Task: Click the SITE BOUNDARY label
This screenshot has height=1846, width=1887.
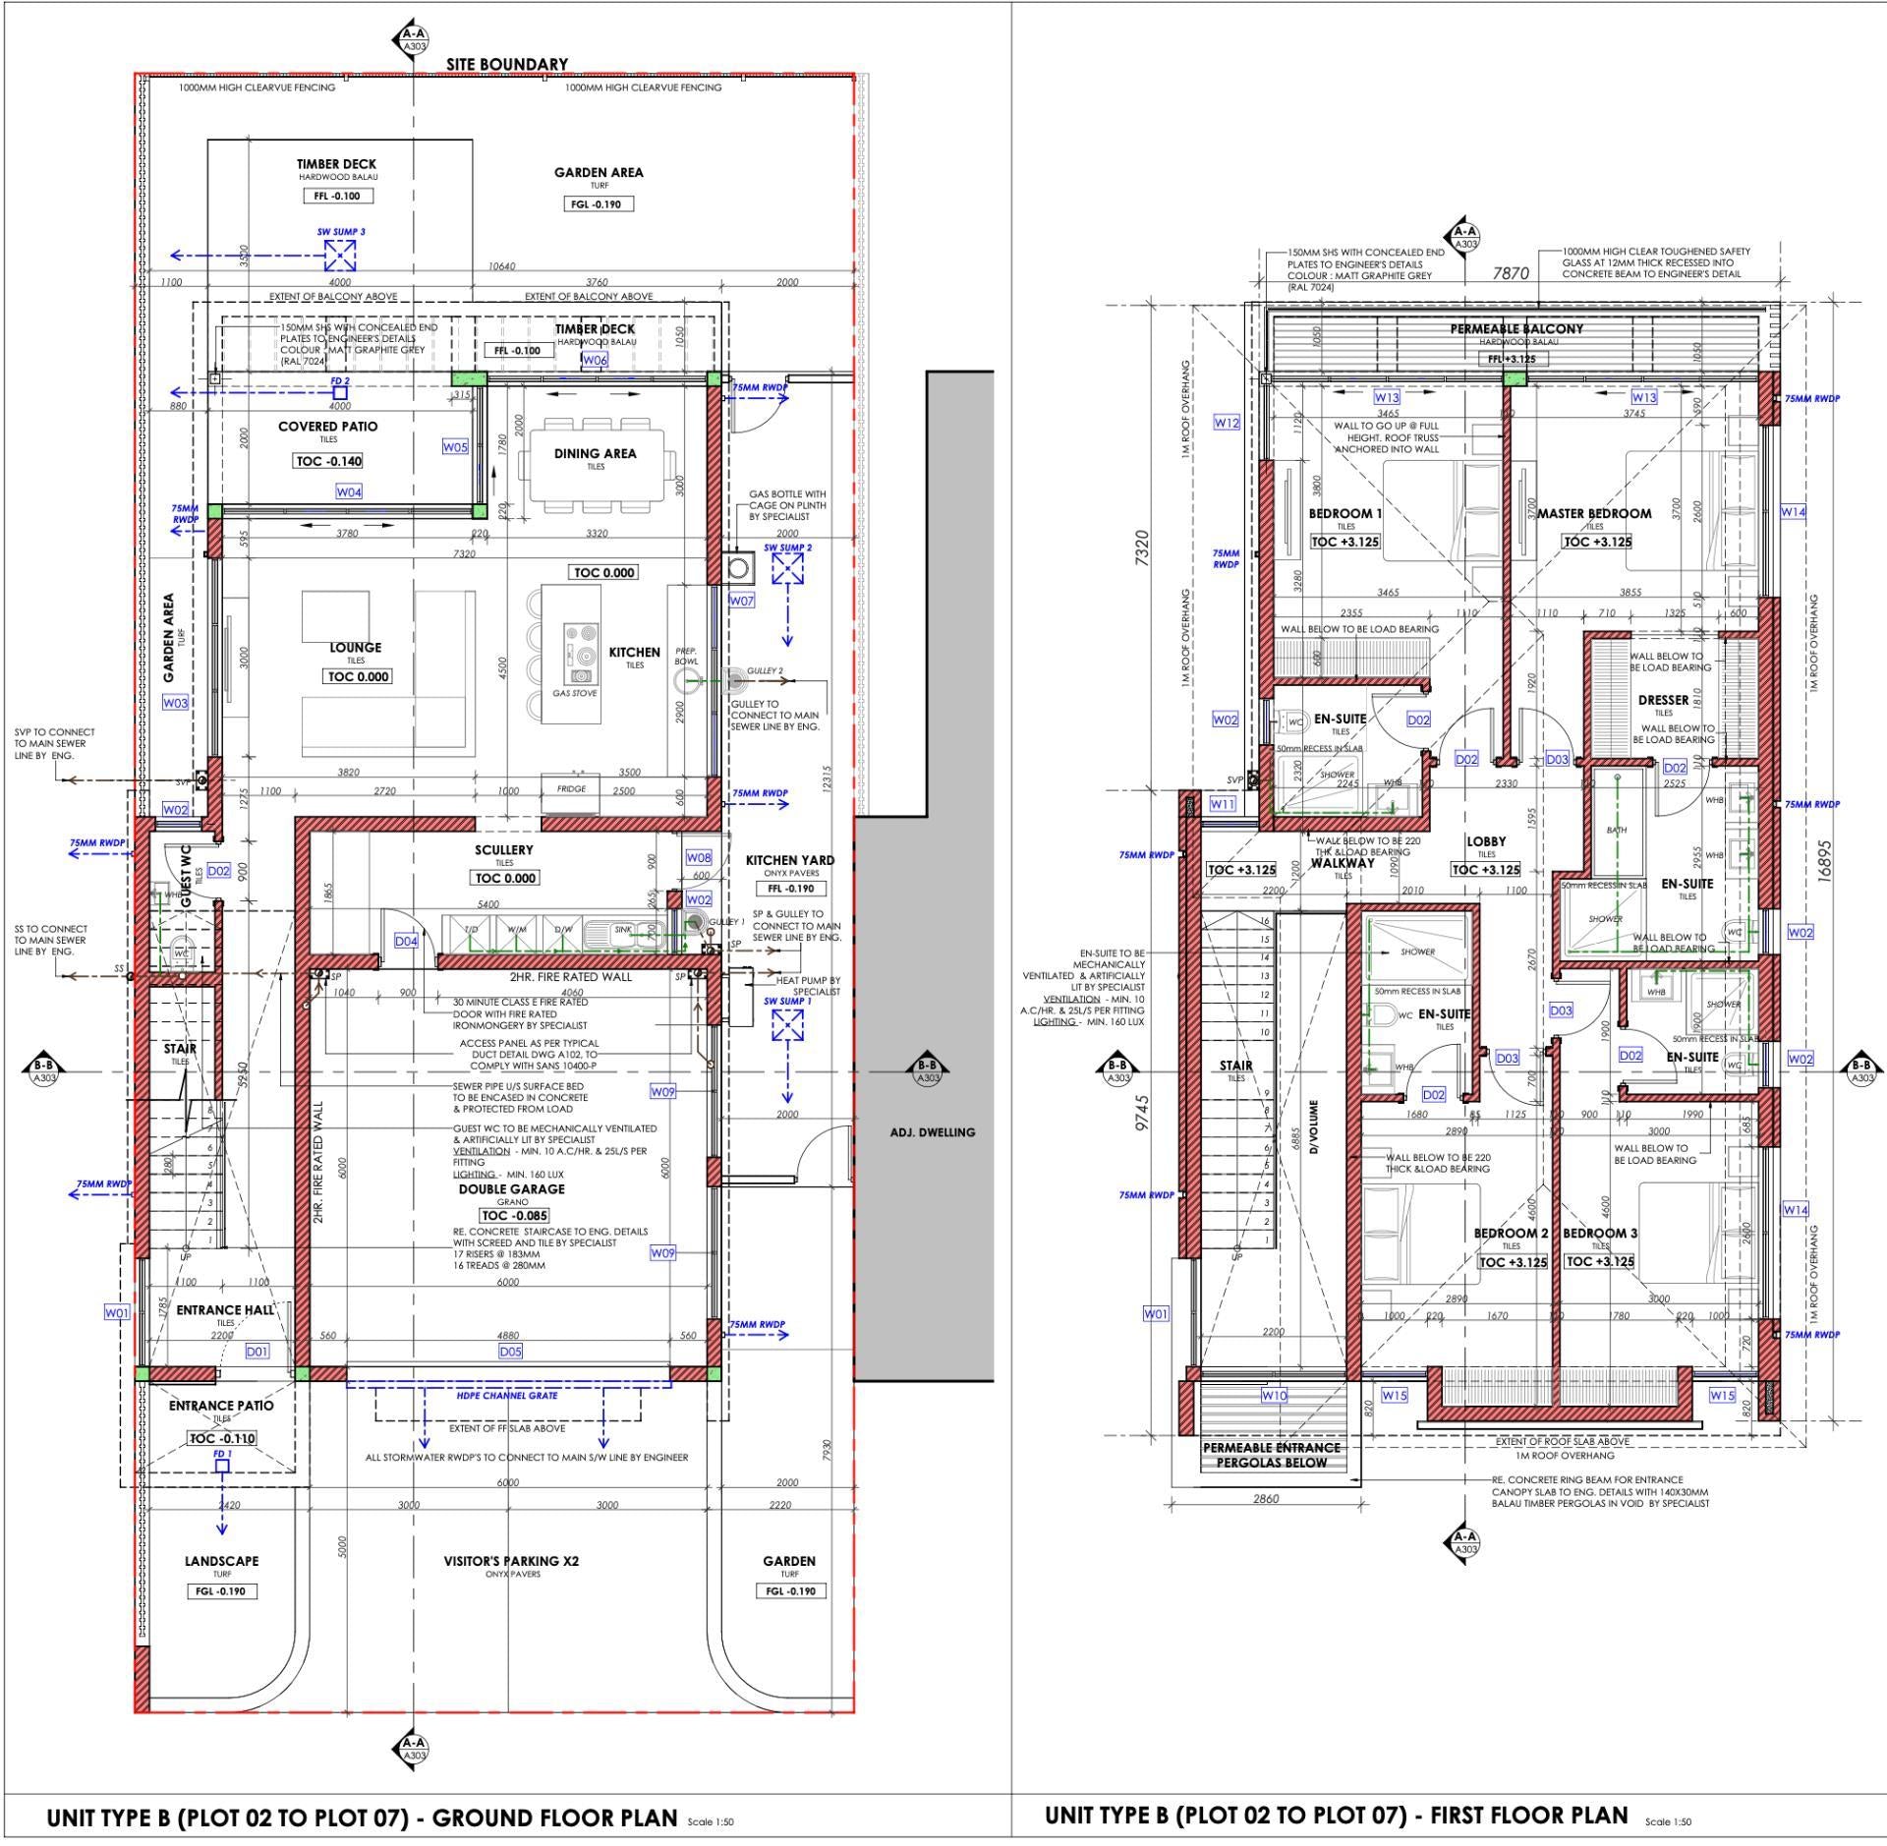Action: [x=507, y=64]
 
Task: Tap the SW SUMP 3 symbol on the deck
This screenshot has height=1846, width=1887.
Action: [x=340, y=256]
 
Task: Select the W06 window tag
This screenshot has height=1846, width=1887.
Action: [x=595, y=361]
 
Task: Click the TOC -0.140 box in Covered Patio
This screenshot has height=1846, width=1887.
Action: [x=328, y=461]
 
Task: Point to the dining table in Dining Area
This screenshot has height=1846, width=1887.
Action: [x=597, y=464]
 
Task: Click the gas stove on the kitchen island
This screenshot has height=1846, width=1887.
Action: [x=576, y=656]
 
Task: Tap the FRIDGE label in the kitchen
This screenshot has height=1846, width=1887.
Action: [x=571, y=788]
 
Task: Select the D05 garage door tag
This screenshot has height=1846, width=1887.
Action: [x=510, y=1352]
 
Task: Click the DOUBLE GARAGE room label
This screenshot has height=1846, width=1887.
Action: [x=511, y=1189]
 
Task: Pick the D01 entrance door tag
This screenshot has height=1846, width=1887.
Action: [x=257, y=1352]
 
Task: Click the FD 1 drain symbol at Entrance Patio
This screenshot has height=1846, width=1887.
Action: [x=222, y=1466]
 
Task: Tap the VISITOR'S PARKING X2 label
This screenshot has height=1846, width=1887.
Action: [x=511, y=1561]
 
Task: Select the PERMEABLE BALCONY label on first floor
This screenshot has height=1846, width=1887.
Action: [x=1516, y=329]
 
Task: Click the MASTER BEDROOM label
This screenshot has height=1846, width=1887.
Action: [x=1594, y=513]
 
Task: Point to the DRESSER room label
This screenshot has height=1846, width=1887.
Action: [x=1663, y=701]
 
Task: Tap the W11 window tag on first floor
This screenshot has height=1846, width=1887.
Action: [x=1222, y=804]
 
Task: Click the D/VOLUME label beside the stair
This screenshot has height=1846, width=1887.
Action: [x=1314, y=1126]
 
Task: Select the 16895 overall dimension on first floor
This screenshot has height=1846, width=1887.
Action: [x=1824, y=862]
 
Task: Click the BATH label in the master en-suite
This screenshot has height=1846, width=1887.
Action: [x=1616, y=830]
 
